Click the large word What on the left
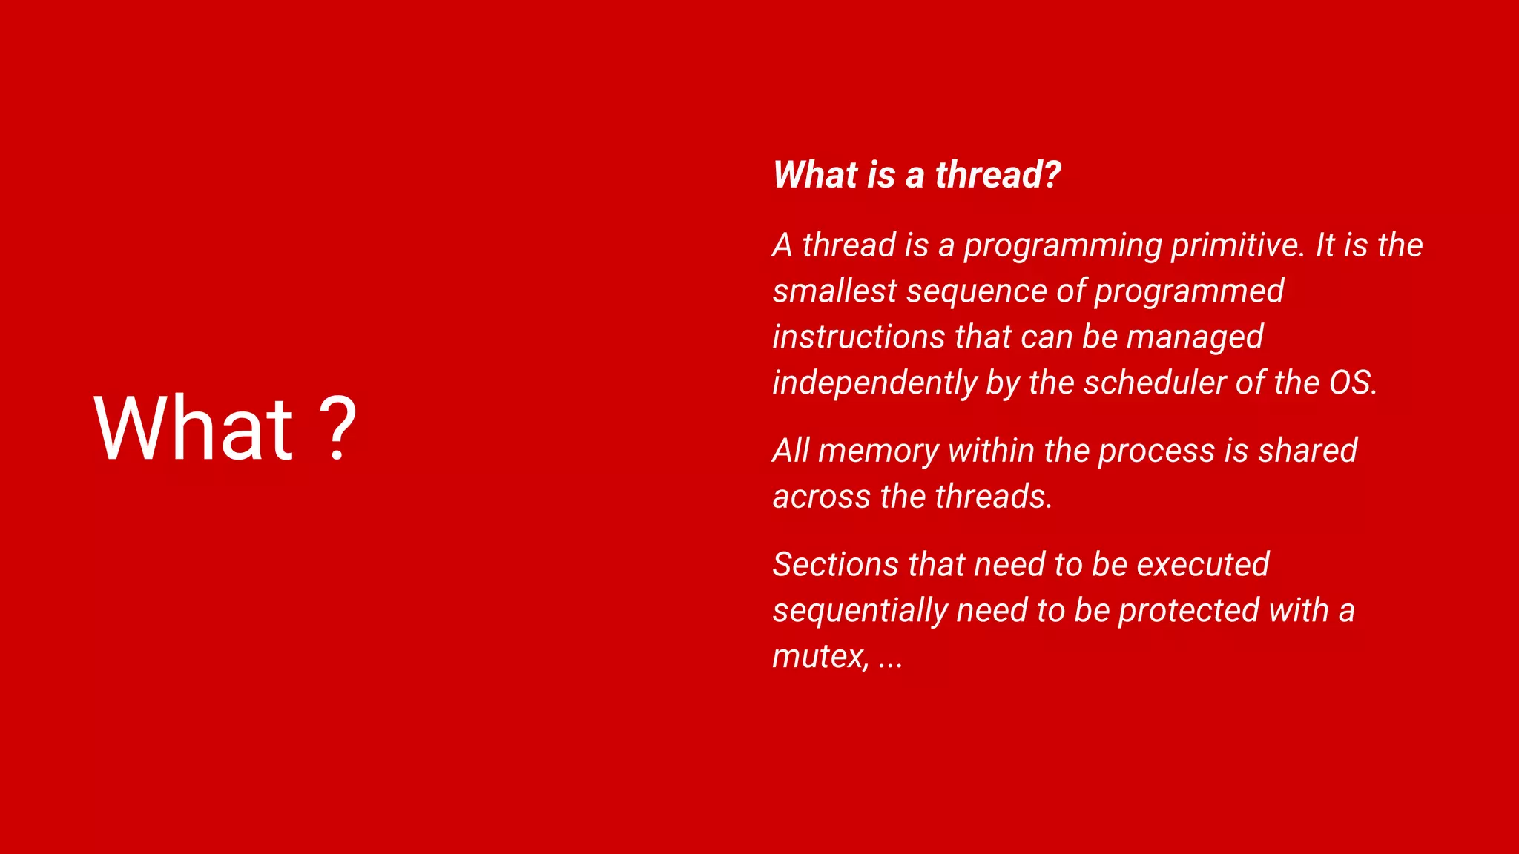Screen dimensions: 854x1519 [194, 428]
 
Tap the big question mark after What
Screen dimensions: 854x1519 [338, 428]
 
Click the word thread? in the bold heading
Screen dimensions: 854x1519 [998, 175]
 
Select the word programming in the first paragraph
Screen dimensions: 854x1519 [1062, 246]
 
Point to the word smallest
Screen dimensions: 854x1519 [834, 291]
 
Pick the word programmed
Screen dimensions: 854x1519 [1189, 292]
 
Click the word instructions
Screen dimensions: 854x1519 [858, 337]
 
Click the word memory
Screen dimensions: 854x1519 [878, 451]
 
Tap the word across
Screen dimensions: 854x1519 [821, 497]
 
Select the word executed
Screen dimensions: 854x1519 [1203, 565]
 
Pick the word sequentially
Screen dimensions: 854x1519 [860, 612]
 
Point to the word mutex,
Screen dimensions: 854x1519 [820, 657]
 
